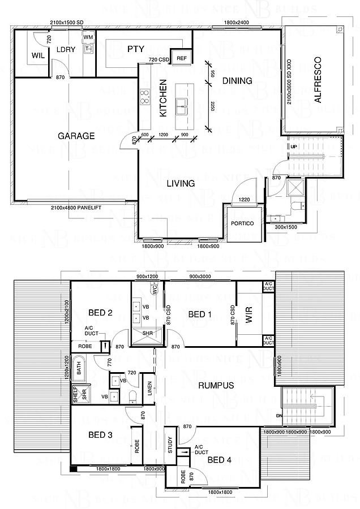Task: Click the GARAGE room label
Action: click(x=76, y=136)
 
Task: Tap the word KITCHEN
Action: click(x=162, y=98)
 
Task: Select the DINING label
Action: click(x=237, y=81)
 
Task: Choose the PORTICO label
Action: click(x=242, y=223)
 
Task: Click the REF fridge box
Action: click(x=182, y=58)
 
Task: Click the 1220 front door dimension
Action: click(x=244, y=199)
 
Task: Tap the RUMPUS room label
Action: click(x=216, y=386)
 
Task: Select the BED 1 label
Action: click(x=200, y=314)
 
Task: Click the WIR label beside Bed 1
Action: click(x=248, y=318)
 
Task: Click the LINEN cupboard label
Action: click(x=148, y=390)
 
